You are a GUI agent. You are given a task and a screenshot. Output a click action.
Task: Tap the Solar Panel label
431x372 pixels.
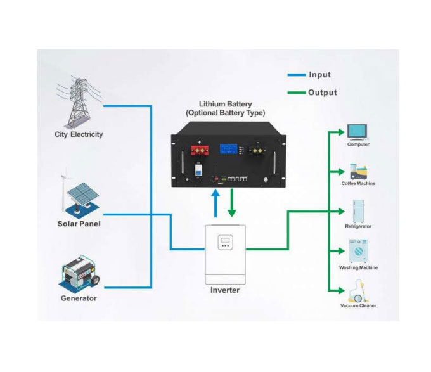point(79,224)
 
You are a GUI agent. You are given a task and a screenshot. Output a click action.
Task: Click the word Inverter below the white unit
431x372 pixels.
point(225,290)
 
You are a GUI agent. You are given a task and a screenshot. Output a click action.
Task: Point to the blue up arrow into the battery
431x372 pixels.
point(216,206)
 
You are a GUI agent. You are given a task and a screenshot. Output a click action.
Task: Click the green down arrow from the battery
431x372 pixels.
point(233,206)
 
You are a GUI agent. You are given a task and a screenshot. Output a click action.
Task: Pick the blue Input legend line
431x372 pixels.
point(296,75)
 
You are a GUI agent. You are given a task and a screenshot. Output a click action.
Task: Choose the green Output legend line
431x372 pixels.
point(296,93)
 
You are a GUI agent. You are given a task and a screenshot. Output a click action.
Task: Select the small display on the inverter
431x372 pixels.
point(224,243)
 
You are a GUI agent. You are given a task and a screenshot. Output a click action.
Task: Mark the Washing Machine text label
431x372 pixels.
point(358,267)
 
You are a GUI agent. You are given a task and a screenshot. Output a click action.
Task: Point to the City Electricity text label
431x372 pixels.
point(79,134)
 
